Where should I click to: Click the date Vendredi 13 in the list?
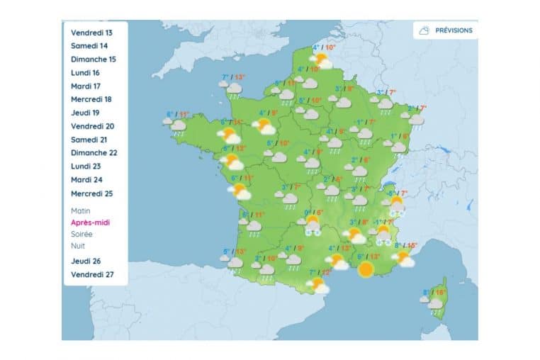pyautogui.click(x=91, y=33)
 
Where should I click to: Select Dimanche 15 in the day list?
pyautogui.click(x=94, y=60)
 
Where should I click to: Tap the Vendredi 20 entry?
pyautogui.click(x=93, y=126)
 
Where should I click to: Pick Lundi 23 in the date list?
pyautogui.click(x=86, y=167)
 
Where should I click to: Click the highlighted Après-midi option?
pyautogui.click(x=90, y=223)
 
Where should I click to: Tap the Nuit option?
pyautogui.click(x=78, y=246)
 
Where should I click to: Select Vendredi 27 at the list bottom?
pyautogui.click(x=92, y=274)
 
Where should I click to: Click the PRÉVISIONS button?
pyautogui.click(x=454, y=30)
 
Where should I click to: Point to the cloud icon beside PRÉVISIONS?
pyautogui.click(x=424, y=30)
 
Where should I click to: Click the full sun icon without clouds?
pyautogui.click(x=366, y=269)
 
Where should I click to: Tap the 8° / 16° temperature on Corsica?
pyautogui.click(x=434, y=293)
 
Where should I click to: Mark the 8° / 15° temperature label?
pyautogui.click(x=406, y=246)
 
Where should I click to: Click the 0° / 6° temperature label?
pyautogui.click(x=313, y=213)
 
